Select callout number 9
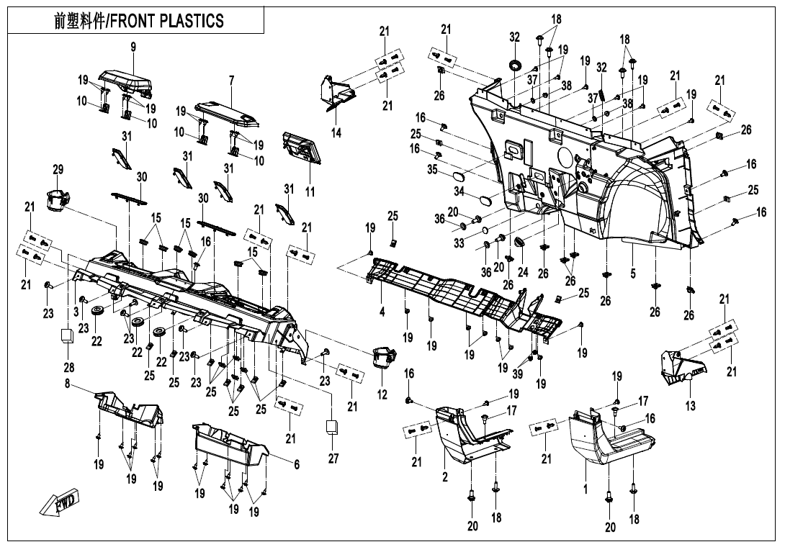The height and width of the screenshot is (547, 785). tap(133, 48)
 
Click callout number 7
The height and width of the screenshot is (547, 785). tap(231, 80)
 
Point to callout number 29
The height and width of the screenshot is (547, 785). tap(58, 169)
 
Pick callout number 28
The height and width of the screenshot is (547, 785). tap(69, 367)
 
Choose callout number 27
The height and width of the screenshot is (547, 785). tap(333, 458)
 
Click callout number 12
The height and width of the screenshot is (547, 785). tap(382, 395)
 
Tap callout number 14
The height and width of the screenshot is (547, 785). tap(336, 132)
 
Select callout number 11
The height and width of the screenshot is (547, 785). tap(310, 191)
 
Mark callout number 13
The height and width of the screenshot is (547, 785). tap(691, 405)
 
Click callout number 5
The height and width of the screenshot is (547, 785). tap(633, 273)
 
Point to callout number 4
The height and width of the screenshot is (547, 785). tap(382, 312)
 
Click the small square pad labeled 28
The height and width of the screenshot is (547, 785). tap(67, 335)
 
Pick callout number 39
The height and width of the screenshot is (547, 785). tap(518, 374)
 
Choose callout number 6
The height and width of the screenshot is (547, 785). tap(297, 464)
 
